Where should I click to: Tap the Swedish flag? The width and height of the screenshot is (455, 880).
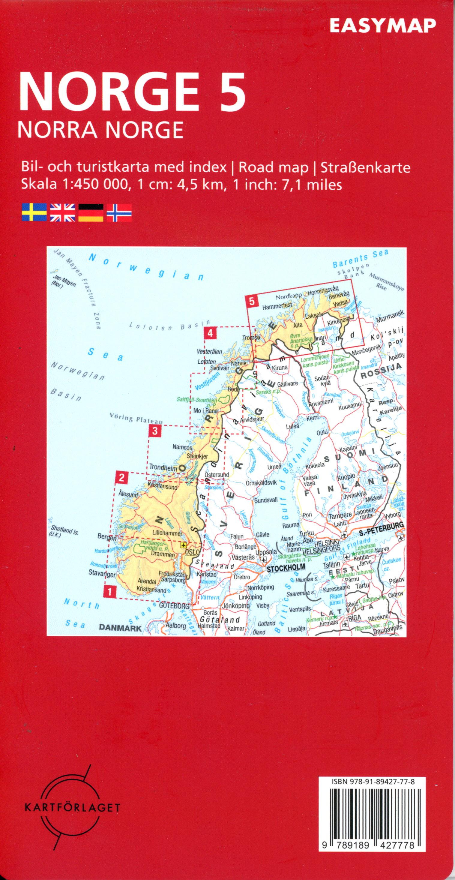click(x=34, y=212)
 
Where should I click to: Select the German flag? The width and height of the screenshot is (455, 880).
click(x=91, y=212)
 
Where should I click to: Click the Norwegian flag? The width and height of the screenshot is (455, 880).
click(x=119, y=212)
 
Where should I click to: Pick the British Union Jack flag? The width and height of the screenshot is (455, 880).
click(x=62, y=212)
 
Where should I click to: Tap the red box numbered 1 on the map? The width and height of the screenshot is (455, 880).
click(x=110, y=591)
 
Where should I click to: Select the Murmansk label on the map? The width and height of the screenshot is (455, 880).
click(x=390, y=313)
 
